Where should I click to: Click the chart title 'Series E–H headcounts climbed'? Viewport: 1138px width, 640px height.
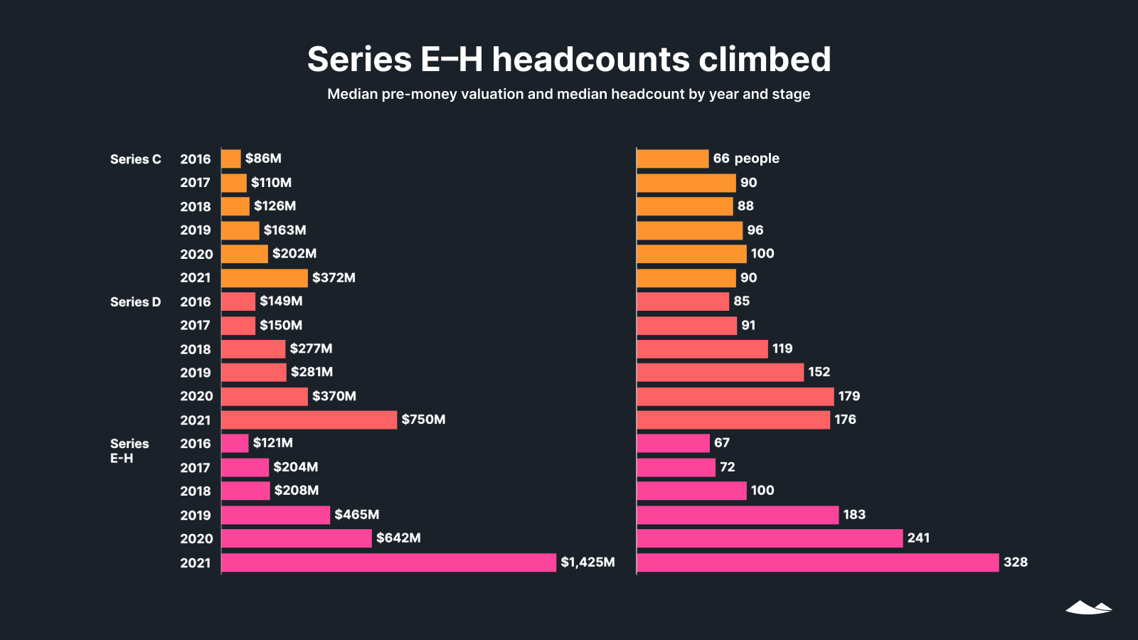point(569,59)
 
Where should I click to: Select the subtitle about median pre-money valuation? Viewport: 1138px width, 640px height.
point(569,94)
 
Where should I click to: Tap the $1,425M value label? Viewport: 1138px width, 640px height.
point(587,562)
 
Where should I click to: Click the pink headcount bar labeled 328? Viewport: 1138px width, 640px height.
point(818,562)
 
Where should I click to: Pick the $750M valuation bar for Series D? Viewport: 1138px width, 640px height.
point(309,420)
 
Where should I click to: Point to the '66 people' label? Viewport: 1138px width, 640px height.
point(746,159)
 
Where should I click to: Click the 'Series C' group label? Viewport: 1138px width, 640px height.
point(135,159)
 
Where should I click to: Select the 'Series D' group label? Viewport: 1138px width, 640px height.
point(135,302)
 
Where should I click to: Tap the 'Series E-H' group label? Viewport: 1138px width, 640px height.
point(129,451)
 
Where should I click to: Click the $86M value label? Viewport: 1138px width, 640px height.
point(263,159)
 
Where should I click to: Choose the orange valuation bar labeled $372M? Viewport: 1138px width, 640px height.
point(265,277)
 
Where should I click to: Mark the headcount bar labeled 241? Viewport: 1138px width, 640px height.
point(770,538)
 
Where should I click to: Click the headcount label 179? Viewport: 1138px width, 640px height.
point(849,396)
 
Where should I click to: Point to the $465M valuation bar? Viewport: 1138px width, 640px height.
point(276,515)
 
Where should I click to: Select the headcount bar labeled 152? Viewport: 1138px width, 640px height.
point(720,372)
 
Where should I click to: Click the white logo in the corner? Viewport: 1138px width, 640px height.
point(1088,607)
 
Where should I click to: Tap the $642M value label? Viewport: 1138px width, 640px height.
point(398,538)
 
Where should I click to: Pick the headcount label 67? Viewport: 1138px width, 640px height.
point(722,443)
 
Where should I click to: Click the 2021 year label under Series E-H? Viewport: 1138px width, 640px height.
point(196,563)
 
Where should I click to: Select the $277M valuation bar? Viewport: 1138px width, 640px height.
point(253,348)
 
